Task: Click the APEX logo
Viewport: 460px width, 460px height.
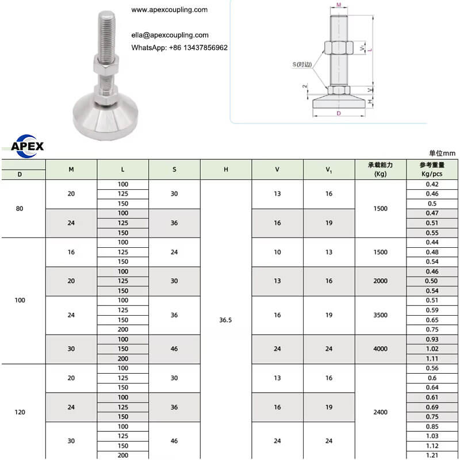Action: coord(27,146)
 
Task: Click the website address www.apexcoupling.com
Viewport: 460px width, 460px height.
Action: coord(169,10)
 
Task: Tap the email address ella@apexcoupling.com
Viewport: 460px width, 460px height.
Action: coord(170,35)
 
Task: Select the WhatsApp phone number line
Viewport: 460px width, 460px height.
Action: coord(179,48)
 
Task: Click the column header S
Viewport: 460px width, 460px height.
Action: coord(174,169)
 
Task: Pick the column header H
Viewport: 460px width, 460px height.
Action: coord(226,169)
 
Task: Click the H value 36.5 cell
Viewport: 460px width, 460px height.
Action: coord(225,320)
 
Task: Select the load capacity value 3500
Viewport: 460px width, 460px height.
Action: coord(381,315)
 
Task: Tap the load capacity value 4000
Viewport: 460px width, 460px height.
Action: coord(381,349)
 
